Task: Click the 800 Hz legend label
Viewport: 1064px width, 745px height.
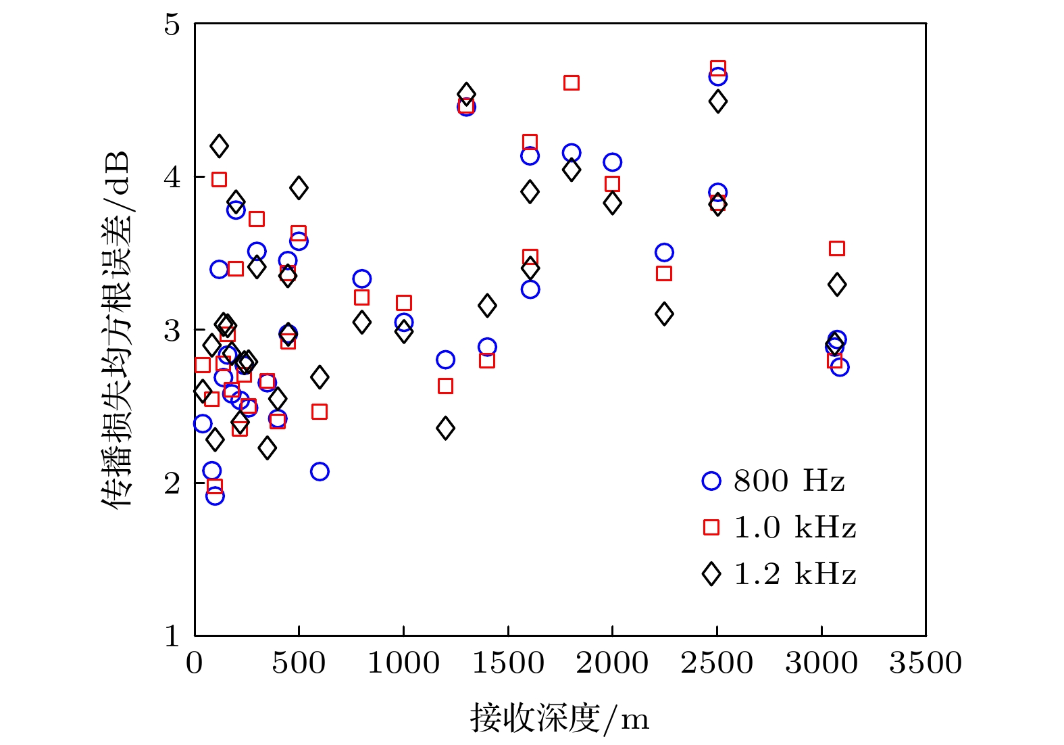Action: pyautogui.click(x=788, y=481)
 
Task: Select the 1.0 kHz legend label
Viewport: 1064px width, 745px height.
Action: pyautogui.click(x=794, y=528)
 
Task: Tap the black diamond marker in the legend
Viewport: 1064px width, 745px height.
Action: pyautogui.click(x=711, y=574)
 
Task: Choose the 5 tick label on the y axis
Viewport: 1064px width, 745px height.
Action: pyautogui.click(x=172, y=25)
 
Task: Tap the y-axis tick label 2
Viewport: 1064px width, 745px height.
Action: pyautogui.click(x=172, y=483)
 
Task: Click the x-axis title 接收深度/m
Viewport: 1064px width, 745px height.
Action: pyautogui.click(x=559, y=718)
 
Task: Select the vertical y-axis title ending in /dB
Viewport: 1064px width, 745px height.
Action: pyautogui.click(x=116, y=329)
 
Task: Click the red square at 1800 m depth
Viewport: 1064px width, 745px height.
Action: pyautogui.click(x=572, y=83)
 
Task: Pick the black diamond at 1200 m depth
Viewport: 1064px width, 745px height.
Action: pyautogui.click(x=445, y=428)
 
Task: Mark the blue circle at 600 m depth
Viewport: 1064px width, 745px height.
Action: pyautogui.click(x=320, y=472)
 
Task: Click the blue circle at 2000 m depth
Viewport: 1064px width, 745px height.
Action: pyautogui.click(x=613, y=162)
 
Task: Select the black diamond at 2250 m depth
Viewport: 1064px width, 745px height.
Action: pyautogui.click(x=664, y=314)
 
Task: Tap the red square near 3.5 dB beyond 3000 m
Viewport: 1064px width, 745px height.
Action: pyautogui.click(x=836, y=249)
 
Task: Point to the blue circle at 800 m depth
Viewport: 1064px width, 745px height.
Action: pyautogui.click(x=361, y=279)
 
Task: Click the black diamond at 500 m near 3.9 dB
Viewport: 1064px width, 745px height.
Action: pyautogui.click(x=299, y=188)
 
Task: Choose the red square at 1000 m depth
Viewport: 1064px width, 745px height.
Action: pyautogui.click(x=404, y=303)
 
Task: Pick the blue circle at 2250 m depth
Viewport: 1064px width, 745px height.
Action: pyautogui.click(x=664, y=253)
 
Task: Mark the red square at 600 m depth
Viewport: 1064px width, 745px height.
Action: pyautogui.click(x=320, y=412)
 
